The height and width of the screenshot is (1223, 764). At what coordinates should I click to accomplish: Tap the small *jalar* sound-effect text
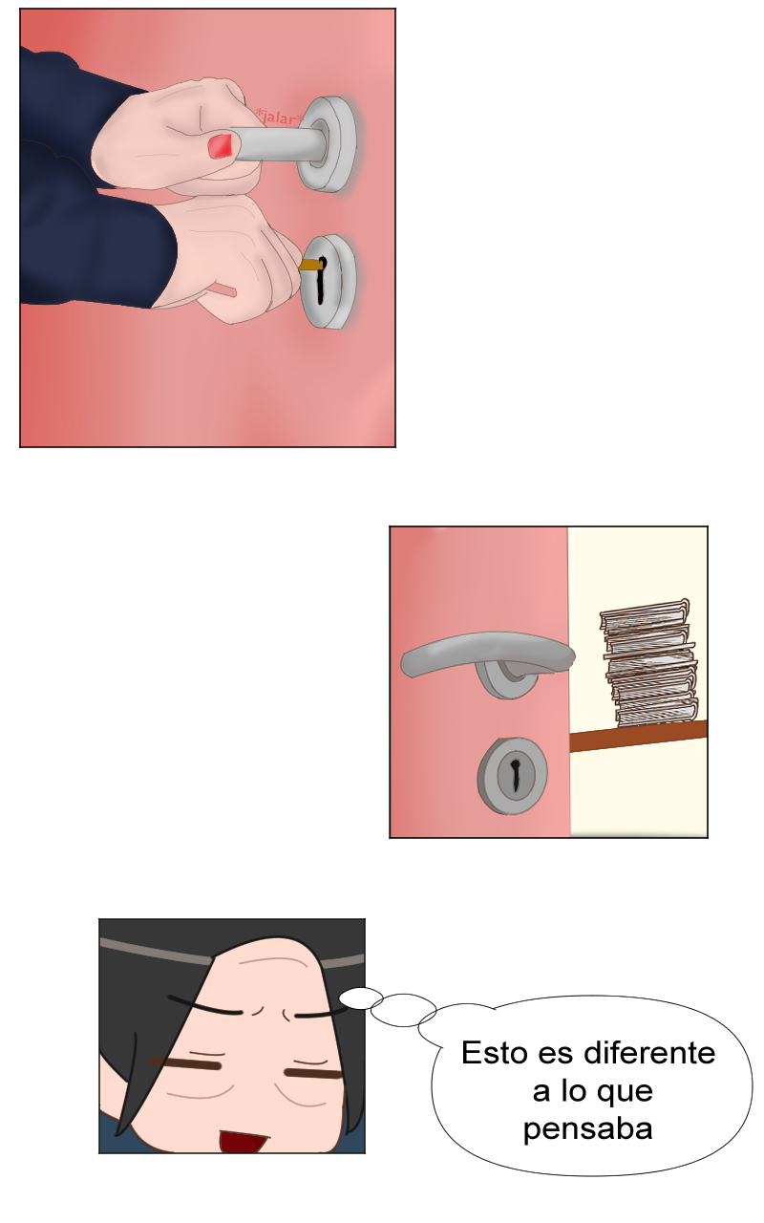point(280,117)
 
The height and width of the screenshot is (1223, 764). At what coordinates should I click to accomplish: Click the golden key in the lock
point(310,266)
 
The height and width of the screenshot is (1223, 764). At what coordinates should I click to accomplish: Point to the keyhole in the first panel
point(322,280)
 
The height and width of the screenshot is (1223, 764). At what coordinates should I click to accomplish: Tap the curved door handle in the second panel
point(487,655)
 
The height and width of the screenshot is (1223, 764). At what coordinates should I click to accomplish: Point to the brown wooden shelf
point(639,737)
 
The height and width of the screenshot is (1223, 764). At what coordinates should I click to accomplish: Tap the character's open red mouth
point(243,1141)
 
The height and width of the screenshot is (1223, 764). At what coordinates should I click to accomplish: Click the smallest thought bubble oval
point(361,998)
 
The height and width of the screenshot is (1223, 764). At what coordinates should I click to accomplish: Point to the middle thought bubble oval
point(403,1010)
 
